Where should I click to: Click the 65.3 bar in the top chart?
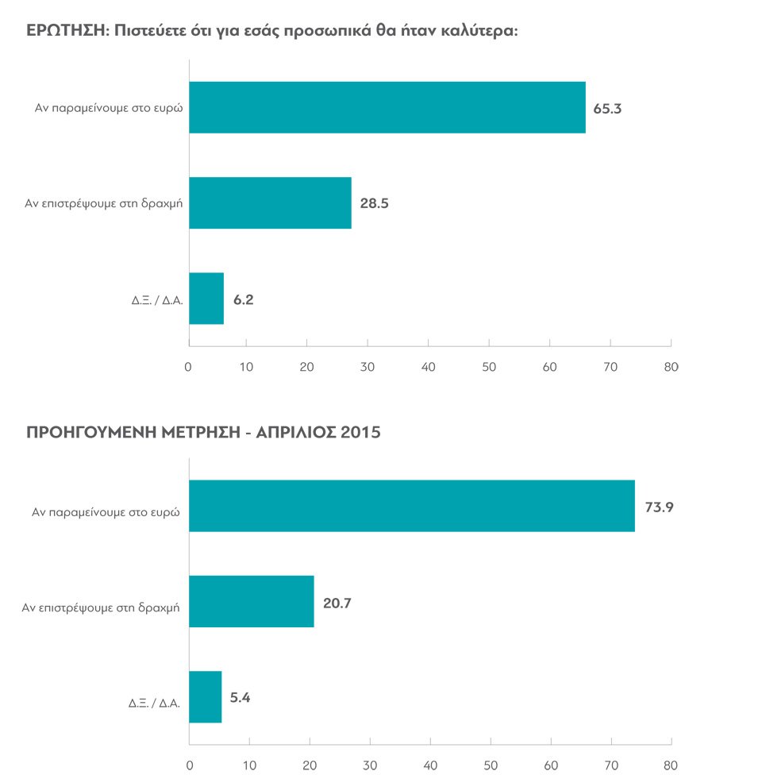click(x=387, y=107)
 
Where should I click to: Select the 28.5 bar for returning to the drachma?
click(x=270, y=202)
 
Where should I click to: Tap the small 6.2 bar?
click(x=206, y=299)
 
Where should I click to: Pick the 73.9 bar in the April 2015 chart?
click(x=411, y=506)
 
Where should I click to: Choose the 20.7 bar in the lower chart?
click(x=251, y=602)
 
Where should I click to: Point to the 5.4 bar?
click(x=205, y=697)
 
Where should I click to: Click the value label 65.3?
click(x=607, y=109)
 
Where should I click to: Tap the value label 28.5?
click(x=374, y=204)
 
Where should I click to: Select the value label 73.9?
click(x=659, y=507)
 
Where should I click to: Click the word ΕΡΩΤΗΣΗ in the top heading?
click(x=64, y=32)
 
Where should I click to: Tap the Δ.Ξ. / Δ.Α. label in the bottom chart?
click(x=155, y=703)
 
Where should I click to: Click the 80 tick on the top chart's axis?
click(x=671, y=368)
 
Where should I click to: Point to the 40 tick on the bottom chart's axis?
click(x=430, y=766)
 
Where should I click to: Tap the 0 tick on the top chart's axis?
click(x=189, y=368)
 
